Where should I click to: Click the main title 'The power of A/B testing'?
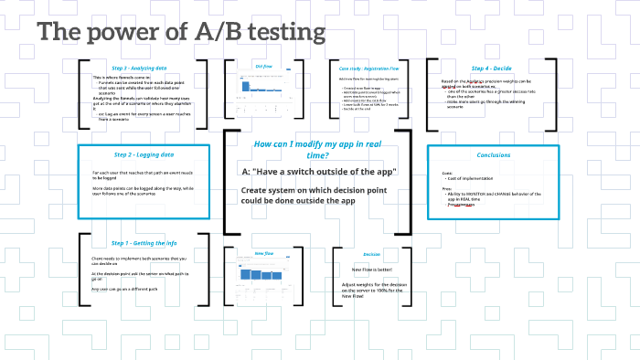[181, 32]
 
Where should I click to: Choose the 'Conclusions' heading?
[494, 154]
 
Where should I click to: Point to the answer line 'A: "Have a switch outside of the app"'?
[319, 172]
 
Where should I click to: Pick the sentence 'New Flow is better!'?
[371, 270]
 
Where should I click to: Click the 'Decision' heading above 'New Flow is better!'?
[371, 254]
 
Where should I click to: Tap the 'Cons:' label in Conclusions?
[447, 171]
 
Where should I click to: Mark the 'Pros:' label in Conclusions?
[447, 190]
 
